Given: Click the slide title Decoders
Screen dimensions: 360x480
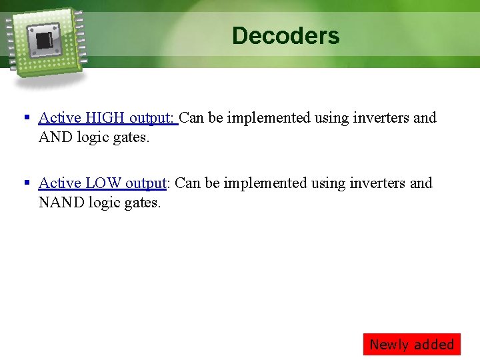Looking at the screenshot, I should (285, 35).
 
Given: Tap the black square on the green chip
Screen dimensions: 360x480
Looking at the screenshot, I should (45, 41).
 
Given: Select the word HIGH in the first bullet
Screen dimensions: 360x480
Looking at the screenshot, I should (105, 118).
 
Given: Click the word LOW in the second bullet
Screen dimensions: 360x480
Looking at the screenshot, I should (103, 183).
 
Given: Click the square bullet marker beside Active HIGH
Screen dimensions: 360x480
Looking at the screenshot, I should (27, 118).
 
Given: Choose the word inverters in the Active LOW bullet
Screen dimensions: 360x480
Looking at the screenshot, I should (379, 183).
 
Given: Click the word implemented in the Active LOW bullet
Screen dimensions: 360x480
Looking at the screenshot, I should (265, 183).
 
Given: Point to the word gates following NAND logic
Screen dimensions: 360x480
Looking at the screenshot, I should (141, 202).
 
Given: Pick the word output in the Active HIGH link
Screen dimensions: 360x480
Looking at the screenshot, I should (151, 118).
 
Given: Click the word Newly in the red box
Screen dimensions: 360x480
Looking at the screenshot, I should (389, 345).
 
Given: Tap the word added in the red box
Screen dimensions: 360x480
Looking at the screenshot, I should (433, 345).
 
